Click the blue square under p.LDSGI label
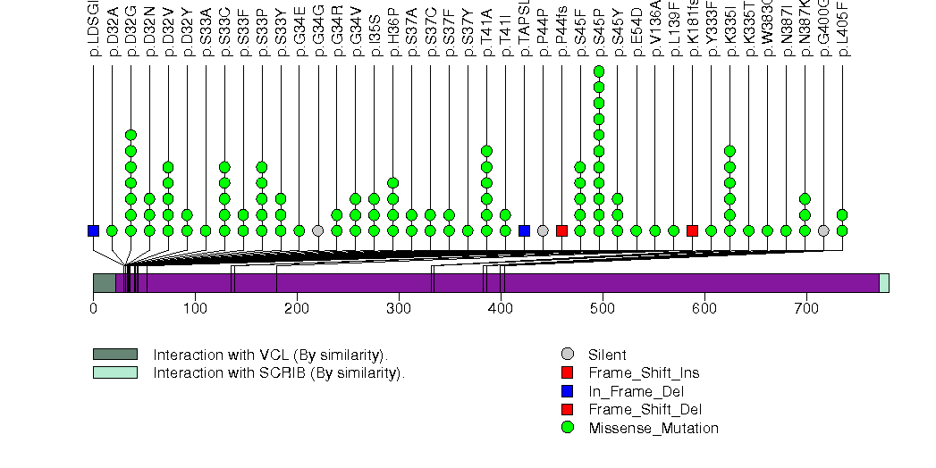pyautogui.click(x=93, y=230)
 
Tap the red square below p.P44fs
pyautogui.click(x=561, y=230)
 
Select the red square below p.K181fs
pyautogui.click(x=692, y=230)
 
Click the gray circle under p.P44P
pyautogui.click(x=543, y=230)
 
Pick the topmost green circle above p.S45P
pyautogui.click(x=599, y=71)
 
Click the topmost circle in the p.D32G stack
pyautogui.click(x=131, y=135)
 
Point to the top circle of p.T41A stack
pyautogui.click(x=486, y=151)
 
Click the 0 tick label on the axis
pyautogui.click(x=93, y=308)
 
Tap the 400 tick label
pyautogui.click(x=501, y=308)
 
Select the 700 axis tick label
pyautogui.click(x=806, y=308)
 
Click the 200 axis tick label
pyautogui.click(x=297, y=308)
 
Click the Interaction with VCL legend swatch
pyautogui.click(x=115, y=355)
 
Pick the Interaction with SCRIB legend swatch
pyautogui.click(x=115, y=372)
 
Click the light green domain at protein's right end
pyautogui.click(x=884, y=283)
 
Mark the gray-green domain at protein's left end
pyautogui.click(x=104, y=283)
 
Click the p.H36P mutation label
pyautogui.click(x=393, y=37)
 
